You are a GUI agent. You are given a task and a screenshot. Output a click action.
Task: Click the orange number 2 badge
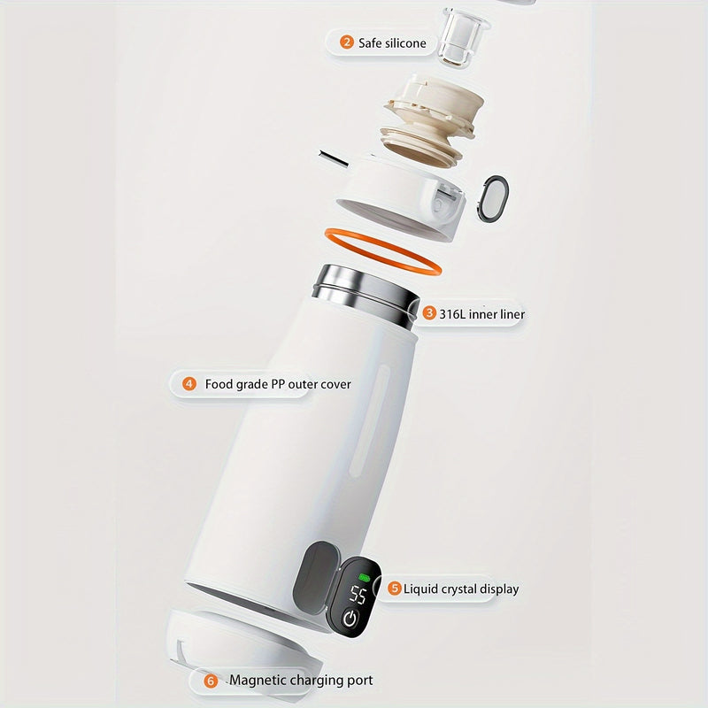pyautogui.click(x=346, y=42)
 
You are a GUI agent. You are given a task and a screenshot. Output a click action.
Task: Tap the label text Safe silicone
pyautogui.click(x=392, y=43)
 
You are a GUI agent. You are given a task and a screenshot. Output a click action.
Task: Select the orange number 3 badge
pyautogui.click(x=429, y=313)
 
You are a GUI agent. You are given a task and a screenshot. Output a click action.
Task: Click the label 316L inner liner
pyautogui.click(x=482, y=314)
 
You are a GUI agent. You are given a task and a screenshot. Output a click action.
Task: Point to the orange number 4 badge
pyautogui.click(x=189, y=384)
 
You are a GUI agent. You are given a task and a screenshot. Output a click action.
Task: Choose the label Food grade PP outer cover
pyautogui.click(x=278, y=384)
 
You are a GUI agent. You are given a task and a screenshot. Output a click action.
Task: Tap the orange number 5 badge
pyautogui.click(x=395, y=588)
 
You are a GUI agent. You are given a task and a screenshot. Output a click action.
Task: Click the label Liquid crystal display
pyautogui.click(x=461, y=589)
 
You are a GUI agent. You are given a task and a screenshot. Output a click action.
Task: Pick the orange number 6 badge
pyautogui.click(x=211, y=681)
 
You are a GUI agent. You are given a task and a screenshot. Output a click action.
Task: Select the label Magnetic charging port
pyautogui.click(x=301, y=680)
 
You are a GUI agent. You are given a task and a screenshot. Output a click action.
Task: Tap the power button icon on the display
pyautogui.click(x=350, y=619)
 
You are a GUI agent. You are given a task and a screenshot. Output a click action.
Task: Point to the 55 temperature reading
pyautogui.click(x=358, y=595)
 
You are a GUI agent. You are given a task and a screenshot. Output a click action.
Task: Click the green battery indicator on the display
pyautogui.click(x=364, y=577)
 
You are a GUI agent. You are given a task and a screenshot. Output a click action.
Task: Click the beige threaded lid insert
pyautogui.click(x=431, y=119)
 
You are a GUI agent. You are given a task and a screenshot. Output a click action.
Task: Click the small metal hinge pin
pyautogui.click(x=334, y=158)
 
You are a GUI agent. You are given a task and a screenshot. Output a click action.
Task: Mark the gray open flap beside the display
pyautogui.click(x=316, y=577)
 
